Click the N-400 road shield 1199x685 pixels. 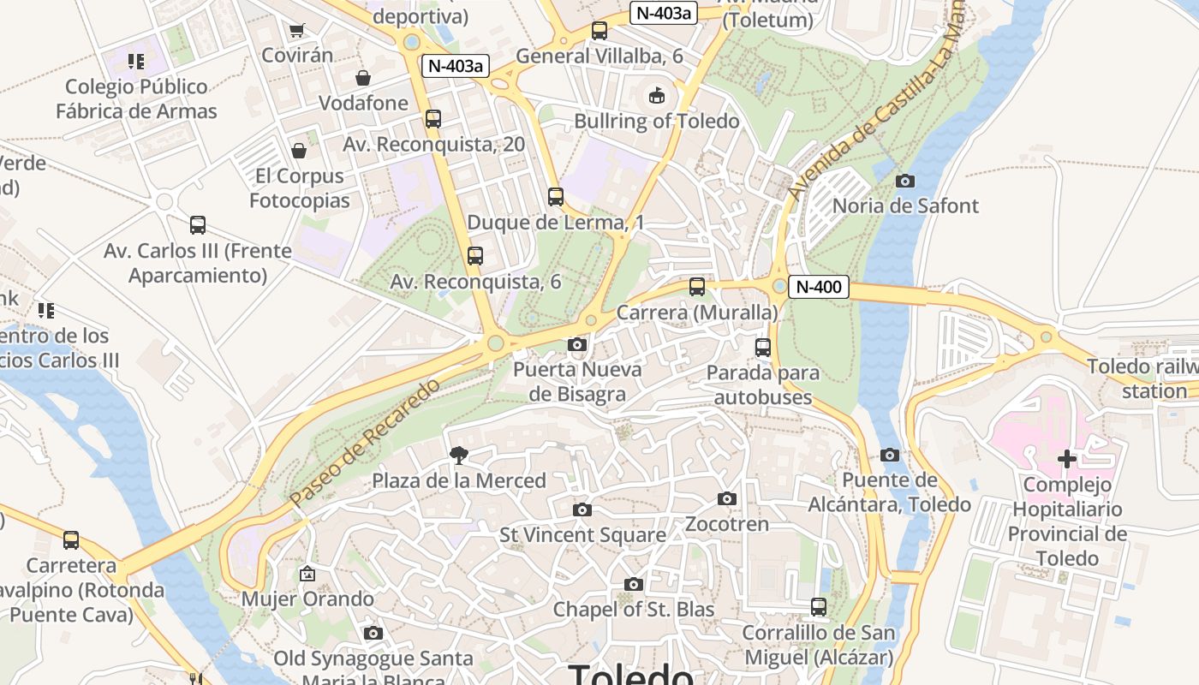click(x=818, y=288)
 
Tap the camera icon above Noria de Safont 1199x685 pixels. click(x=904, y=181)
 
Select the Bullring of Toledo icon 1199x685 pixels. click(x=656, y=95)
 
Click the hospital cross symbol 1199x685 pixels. click(x=1066, y=459)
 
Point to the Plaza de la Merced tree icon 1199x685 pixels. click(x=459, y=455)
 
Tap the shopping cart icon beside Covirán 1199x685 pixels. click(x=296, y=31)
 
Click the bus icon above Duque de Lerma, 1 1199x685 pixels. click(x=556, y=197)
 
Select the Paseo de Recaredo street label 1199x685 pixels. click(x=365, y=442)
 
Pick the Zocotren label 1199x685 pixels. click(x=727, y=523)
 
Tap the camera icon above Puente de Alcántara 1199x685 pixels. click(x=890, y=455)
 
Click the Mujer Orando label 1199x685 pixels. click(x=307, y=599)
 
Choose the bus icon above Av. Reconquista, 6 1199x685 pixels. click(x=475, y=256)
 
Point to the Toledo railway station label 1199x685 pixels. click(x=1142, y=378)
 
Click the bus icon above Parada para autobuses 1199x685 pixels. click(x=762, y=348)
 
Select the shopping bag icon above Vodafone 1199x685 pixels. click(x=363, y=78)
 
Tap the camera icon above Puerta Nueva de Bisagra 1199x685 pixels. click(x=577, y=344)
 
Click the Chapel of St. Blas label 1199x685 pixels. click(x=633, y=610)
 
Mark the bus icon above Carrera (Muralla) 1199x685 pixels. click(x=697, y=287)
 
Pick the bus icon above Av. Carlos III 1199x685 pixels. click(x=198, y=225)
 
